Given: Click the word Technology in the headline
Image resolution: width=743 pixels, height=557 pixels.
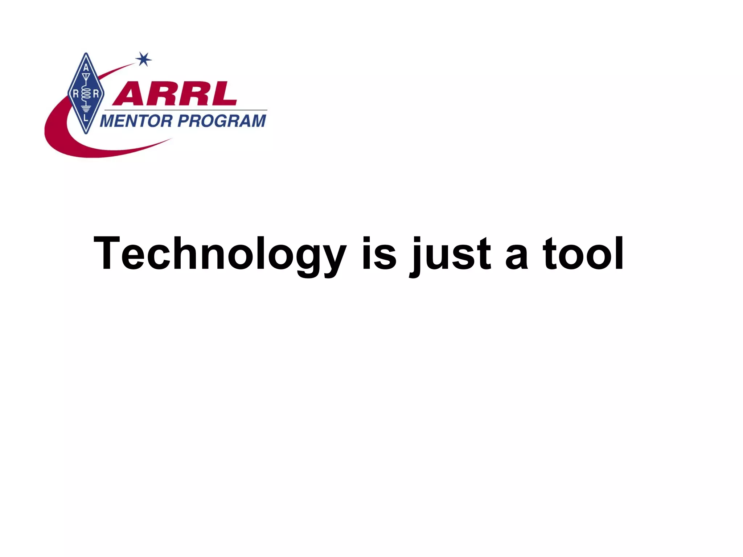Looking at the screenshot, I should tap(219, 254).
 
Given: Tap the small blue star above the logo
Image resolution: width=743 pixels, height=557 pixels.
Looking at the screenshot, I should tap(144, 59).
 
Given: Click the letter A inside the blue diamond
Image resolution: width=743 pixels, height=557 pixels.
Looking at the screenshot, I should tap(86, 68).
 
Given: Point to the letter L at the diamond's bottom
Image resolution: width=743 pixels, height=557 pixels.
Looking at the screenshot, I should tap(86, 118).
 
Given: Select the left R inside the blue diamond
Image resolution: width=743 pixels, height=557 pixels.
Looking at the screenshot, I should tap(76, 94).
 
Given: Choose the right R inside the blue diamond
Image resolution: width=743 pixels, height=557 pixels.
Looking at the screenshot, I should tap(96, 94).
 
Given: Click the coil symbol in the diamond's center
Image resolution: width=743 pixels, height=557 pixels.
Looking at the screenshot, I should tap(86, 94).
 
